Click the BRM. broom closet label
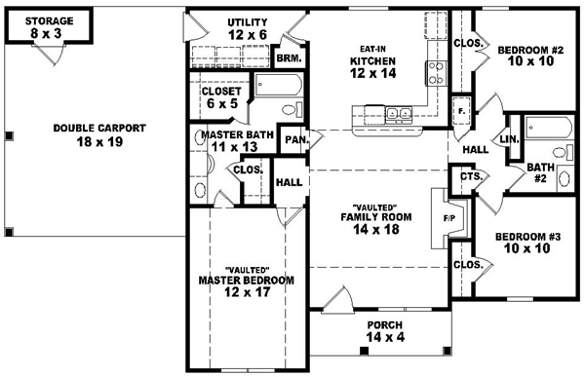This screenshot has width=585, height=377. coord(290,58)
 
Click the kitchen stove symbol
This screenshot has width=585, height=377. coord(434,72)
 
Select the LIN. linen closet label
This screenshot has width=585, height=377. coord(508,139)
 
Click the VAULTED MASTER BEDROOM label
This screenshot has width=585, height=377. coord(246,281)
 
